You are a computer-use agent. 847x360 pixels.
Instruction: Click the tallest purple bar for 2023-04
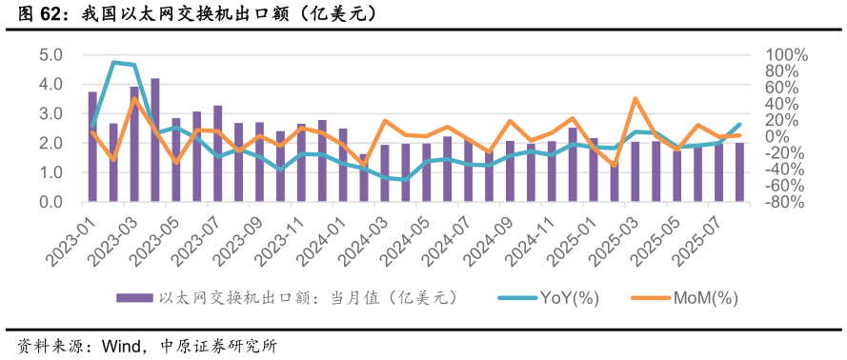(155, 140)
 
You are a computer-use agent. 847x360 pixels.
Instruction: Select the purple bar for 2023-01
(92, 147)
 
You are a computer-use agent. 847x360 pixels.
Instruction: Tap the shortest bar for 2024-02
(363, 178)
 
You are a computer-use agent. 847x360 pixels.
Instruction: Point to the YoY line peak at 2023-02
(113, 63)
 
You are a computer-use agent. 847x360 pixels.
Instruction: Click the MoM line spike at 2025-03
(635, 98)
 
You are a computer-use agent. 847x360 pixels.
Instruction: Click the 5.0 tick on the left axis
(51, 55)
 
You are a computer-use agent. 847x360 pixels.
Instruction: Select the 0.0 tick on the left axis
(51, 202)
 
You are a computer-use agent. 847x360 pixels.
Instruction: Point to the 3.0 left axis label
(51, 114)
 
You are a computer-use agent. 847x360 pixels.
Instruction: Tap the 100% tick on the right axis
(787, 55)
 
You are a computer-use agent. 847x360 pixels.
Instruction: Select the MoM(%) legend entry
(706, 298)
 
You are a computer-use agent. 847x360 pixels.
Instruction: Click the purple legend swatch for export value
(134, 298)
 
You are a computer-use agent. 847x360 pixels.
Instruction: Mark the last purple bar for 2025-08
(739, 172)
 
